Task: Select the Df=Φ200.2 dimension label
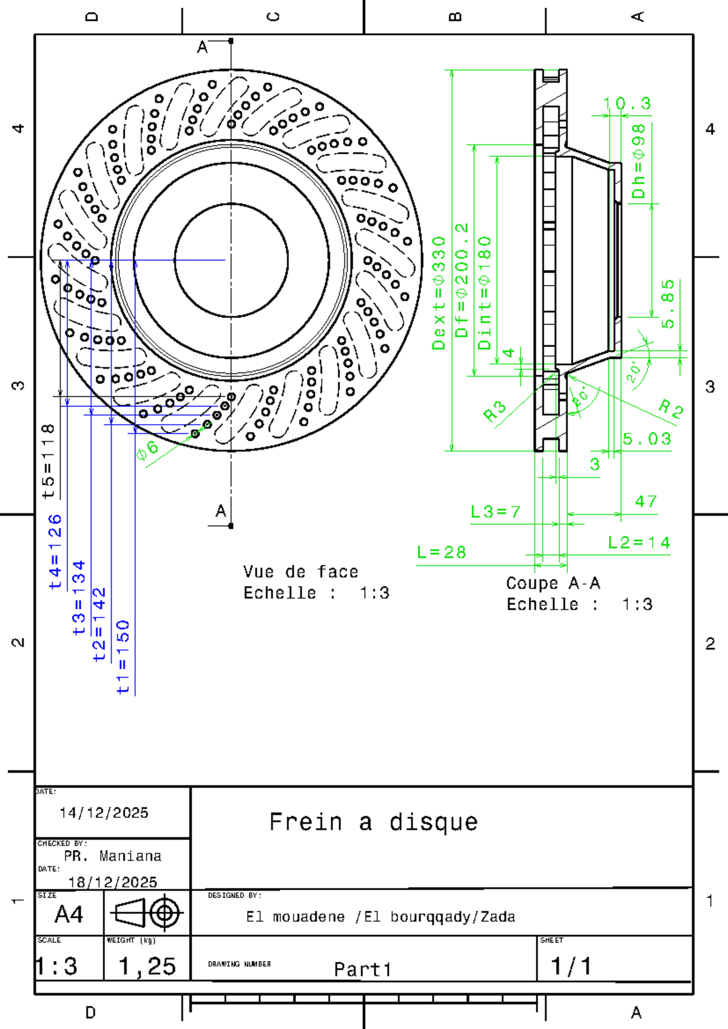pyautogui.click(x=462, y=280)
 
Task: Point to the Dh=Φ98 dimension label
pyautogui.click(x=638, y=161)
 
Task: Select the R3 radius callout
pyautogui.click(x=494, y=411)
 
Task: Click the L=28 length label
pyautogui.click(x=442, y=552)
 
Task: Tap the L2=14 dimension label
pyautogui.click(x=639, y=542)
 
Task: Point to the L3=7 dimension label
pyautogui.click(x=496, y=512)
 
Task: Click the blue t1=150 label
pyautogui.click(x=123, y=657)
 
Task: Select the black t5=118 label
pyautogui.click(x=49, y=462)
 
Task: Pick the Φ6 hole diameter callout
pyautogui.click(x=147, y=450)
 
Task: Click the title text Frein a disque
pyautogui.click(x=374, y=823)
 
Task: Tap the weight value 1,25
pyautogui.click(x=147, y=967)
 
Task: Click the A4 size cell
pyautogui.click(x=69, y=914)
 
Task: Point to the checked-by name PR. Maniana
pyautogui.click(x=113, y=856)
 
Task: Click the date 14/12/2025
pyautogui.click(x=104, y=813)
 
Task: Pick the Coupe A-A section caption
pyautogui.click(x=553, y=584)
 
